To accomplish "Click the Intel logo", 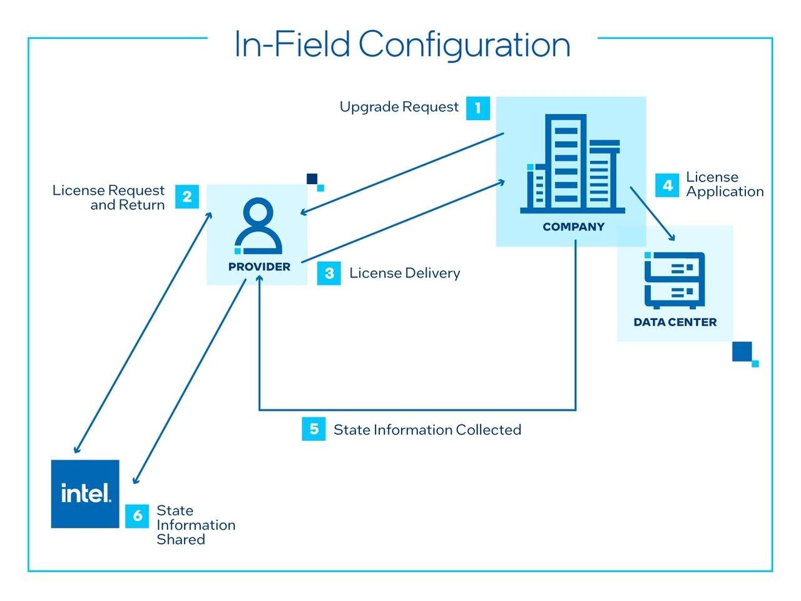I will [85, 494].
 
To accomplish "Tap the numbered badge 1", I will [478, 108].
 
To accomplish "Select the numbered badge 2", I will [187, 197].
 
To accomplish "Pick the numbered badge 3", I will [329, 273].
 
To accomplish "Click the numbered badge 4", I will [667, 185].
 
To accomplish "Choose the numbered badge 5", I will [314, 429].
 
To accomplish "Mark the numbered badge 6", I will [137, 516].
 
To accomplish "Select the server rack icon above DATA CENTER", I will [675, 280].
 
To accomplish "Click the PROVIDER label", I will [259, 267].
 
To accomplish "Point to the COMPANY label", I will [573, 227].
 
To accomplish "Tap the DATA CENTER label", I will [675, 322].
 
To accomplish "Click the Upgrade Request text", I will [399, 107].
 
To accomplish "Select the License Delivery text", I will [404, 273].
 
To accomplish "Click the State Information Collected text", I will [427, 429].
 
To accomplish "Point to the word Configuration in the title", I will [464, 44].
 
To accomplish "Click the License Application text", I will [725, 185].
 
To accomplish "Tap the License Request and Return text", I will [108, 197].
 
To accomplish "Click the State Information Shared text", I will [195, 525].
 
